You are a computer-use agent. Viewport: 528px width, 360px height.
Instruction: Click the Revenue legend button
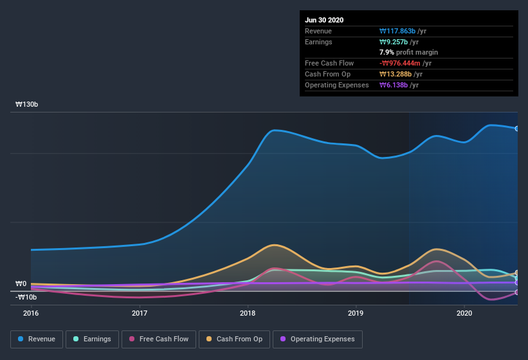tap(37, 339)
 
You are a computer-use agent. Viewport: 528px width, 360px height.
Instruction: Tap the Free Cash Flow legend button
tap(159, 339)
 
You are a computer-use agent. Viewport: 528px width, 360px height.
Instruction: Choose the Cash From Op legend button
tap(234, 339)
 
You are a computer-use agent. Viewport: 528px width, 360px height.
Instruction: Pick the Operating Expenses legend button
tap(317, 339)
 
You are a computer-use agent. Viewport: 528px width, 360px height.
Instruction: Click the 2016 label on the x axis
tap(31, 313)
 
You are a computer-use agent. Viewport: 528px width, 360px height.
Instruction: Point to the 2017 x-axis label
tap(140, 313)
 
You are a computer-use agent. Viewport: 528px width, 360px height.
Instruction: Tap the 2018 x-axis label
tap(248, 313)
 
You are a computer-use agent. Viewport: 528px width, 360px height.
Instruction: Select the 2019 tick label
tap(356, 313)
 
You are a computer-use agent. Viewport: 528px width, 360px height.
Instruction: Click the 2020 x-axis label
tap(464, 313)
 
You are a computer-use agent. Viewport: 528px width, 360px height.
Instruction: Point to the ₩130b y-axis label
tap(27, 104)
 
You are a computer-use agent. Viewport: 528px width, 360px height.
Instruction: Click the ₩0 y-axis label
tap(21, 283)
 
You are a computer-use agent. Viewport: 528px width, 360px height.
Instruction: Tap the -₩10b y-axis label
tap(27, 297)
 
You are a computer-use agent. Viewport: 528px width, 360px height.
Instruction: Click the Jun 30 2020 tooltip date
tap(324, 20)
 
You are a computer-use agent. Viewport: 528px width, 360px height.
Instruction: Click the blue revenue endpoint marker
tap(517, 129)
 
